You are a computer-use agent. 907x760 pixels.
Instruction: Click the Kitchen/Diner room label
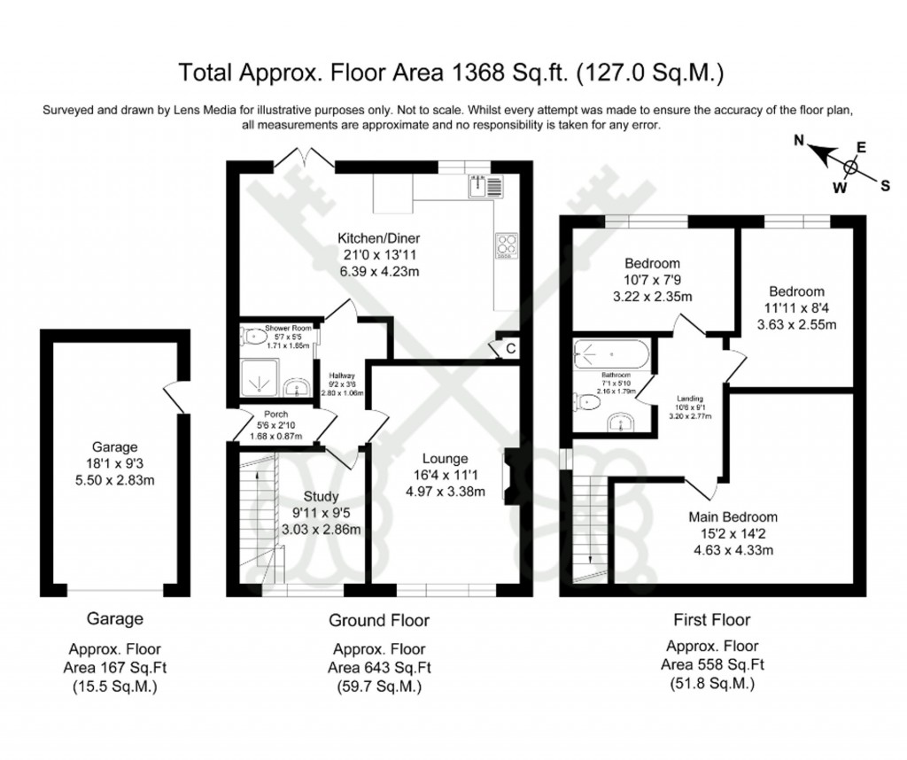(378, 238)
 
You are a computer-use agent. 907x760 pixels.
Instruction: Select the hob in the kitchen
(507, 248)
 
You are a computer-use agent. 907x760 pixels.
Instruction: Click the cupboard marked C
(510, 349)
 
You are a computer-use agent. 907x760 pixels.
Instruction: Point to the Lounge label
(445, 459)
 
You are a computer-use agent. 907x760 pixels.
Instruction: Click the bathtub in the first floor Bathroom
(611, 355)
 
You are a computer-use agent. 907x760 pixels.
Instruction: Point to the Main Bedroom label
(733, 517)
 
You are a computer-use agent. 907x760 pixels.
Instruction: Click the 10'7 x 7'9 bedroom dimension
(652, 280)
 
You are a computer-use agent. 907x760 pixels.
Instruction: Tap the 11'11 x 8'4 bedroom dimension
(796, 308)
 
